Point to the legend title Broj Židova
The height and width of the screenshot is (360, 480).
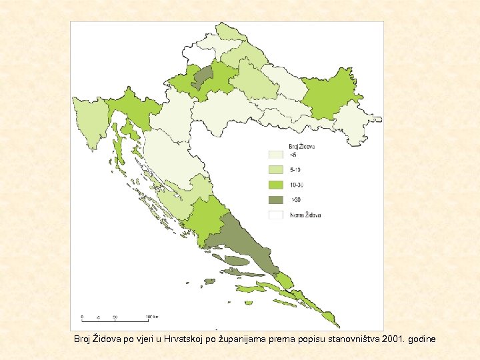click(x=301, y=146)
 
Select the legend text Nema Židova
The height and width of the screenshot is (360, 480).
click(x=305, y=215)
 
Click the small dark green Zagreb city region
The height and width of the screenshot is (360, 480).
click(x=203, y=77)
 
